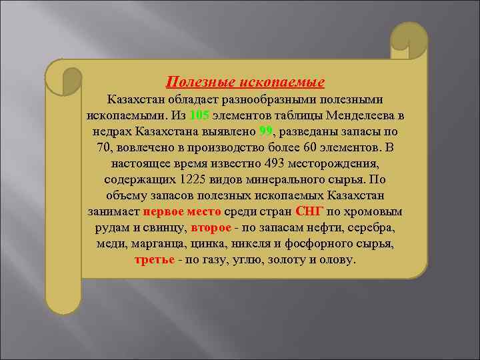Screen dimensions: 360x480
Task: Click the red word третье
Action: (155, 259)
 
